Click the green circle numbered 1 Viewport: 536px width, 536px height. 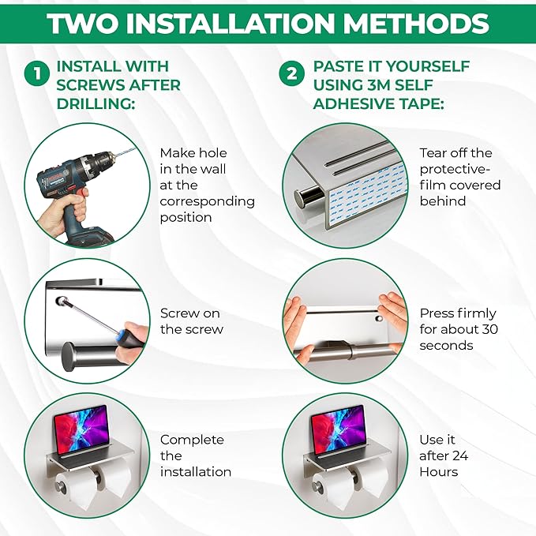click(37, 73)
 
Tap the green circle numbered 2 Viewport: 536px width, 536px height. click(291, 73)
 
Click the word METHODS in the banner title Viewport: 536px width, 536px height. click(416, 23)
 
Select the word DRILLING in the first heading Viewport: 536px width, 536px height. click(96, 103)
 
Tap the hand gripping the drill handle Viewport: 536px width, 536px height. click(65, 208)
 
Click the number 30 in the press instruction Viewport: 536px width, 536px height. click(489, 329)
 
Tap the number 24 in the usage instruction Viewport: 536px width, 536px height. click(460, 455)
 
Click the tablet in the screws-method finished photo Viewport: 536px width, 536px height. click(82, 430)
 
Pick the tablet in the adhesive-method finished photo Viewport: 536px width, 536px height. click(339, 430)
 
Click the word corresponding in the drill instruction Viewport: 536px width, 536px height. click(207, 201)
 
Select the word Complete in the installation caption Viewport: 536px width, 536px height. click(192, 440)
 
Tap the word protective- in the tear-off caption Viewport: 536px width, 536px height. click(455, 169)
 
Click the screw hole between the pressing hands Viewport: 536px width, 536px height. click(379, 319)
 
